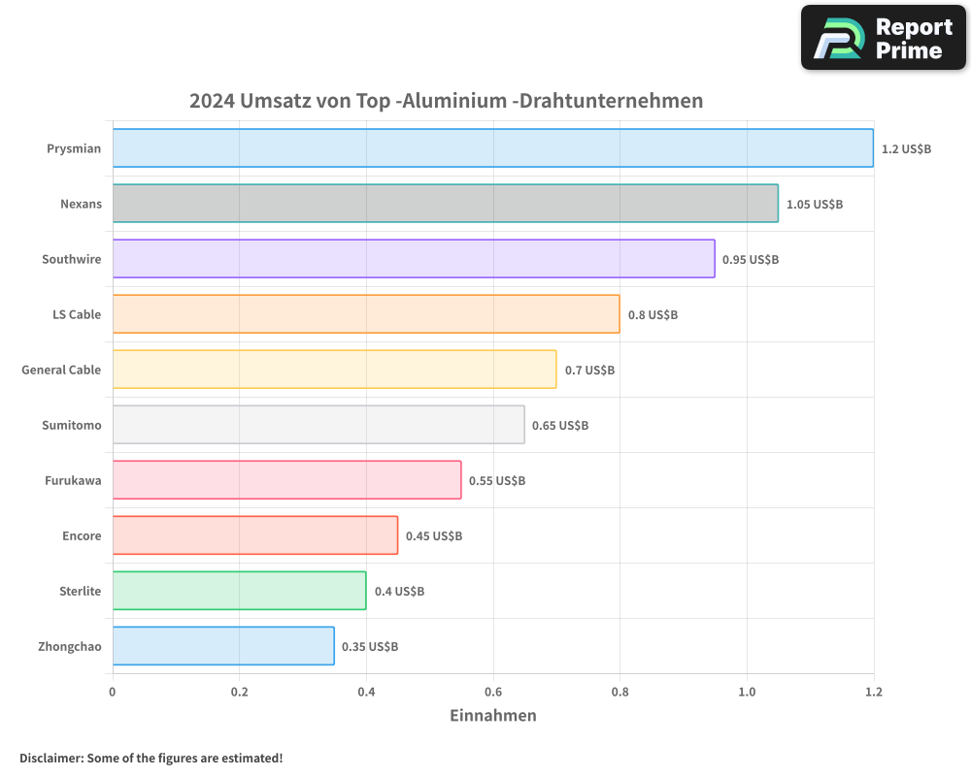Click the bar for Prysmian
[x=492, y=148]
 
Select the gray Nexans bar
[x=445, y=204]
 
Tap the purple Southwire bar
[x=414, y=259]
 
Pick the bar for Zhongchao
[x=223, y=646]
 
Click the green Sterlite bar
[x=239, y=591]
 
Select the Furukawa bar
[x=286, y=480]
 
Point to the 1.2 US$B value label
[x=906, y=149]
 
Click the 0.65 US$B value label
[x=560, y=426]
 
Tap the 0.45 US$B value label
[x=434, y=536]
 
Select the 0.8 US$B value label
[x=653, y=315]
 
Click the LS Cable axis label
[x=77, y=315]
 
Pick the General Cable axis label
[x=61, y=371]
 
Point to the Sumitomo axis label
[x=71, y=426]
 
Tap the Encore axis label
[x=82, y=536]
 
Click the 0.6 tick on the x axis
[x=493, y=692]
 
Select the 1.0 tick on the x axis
[x=747, y=692]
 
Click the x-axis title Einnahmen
[x=492, y=716]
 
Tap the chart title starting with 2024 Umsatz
[x=446, y=101]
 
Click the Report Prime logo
[x=884, y=38]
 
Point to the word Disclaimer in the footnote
[x=50, y=758]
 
